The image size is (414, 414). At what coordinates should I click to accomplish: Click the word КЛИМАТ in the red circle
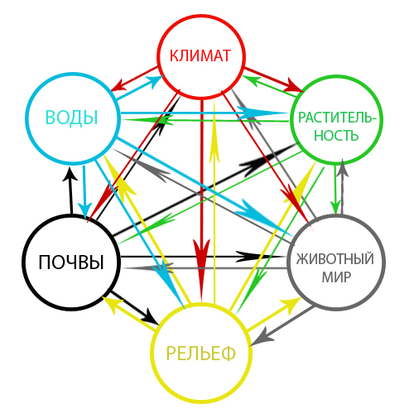(x=200, y=55)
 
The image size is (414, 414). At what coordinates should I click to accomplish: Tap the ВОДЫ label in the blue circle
(x=71, y=118)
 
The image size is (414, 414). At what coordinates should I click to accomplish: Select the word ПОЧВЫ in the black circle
(x=71, y=262)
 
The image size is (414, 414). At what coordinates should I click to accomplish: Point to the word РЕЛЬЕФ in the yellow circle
(x=200, y=354)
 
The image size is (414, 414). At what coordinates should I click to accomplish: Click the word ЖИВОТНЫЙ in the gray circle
(x=335, y=259)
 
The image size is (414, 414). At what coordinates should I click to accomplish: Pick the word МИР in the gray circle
(x=336, y=277)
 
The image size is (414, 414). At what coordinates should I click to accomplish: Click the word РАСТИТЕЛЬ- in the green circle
(x=337, y=118)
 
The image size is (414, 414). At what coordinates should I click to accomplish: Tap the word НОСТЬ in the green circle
(x=336, y=136)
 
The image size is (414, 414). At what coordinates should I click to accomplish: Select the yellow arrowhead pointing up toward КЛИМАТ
(x=214, y=149)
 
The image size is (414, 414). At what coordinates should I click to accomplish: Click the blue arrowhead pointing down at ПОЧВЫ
(x=84, y=210)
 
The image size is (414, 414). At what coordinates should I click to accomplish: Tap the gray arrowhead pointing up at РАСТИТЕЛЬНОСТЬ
(x=343, y=168)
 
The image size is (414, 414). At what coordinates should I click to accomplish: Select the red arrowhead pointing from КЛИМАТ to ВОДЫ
(x=118, y=85)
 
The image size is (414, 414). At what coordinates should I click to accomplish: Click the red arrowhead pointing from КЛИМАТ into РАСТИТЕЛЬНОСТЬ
(x=295, y=85)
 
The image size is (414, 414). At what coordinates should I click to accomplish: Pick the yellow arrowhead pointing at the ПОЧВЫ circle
(x=110, y=304)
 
